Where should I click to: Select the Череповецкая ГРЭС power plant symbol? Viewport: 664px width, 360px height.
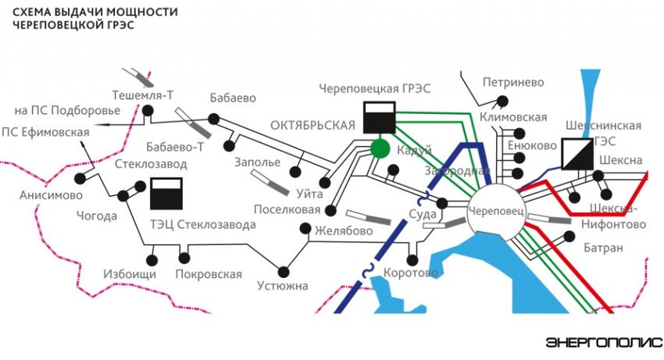point(379,117)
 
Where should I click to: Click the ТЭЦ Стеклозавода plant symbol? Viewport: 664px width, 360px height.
point(166,193)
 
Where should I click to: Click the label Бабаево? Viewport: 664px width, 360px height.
point(233,98)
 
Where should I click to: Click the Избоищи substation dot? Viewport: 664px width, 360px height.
point(152,260)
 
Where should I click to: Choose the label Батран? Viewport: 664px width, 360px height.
point(603,248)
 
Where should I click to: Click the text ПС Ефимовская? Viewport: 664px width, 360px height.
point(45,131)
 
